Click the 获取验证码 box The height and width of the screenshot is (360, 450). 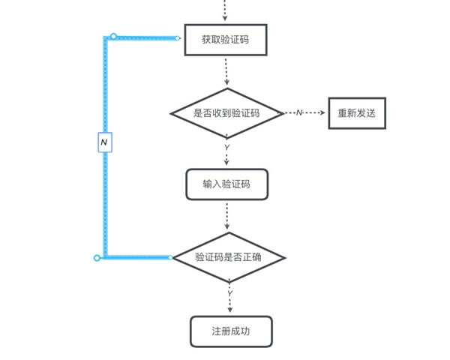pyautogui.click(x=226, y=40)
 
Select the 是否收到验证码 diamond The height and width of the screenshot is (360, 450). pyautogui.click(x=226, y=113)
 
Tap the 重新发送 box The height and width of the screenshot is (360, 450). pyautogui.click(x=356, y=113)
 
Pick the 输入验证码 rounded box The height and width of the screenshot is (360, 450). pyautogui.click(x=226, y=184)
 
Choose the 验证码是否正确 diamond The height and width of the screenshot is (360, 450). pyautogui.click(x=229, y=257)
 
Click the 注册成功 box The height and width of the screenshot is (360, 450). pyautogui.click(x=229, y=330)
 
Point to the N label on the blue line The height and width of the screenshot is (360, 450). pyautogui.click(x=104, y=141)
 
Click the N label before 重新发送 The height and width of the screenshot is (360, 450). pyautogui.click(x=298, y=112)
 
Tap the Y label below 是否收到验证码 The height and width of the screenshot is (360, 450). pyautogui.click(x=226, y=148)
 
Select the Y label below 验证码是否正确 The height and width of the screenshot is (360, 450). pyautogui.click(x=229, y=292)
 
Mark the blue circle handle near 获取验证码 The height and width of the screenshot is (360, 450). pyautogui.click(x=113, y=36)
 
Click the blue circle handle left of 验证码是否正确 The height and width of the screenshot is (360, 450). pyautogui.click(x=97, y=258)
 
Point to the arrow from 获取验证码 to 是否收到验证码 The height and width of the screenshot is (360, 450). pyautogui.click(x=226, y=75)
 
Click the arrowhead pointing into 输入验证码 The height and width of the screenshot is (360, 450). pyautogui.click(x=226, y=164)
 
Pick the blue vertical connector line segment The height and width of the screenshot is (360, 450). pyautogui.click(x=105, y=195)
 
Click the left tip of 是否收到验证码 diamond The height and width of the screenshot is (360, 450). pyautogui.click(x=172, y=113)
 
